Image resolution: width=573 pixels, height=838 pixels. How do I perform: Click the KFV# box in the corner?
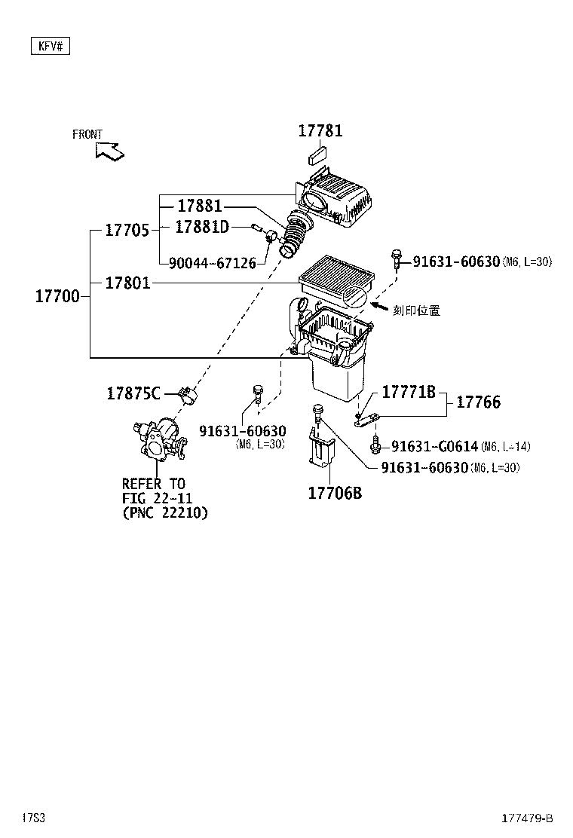pos(51,47)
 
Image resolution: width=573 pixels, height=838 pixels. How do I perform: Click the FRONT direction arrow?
pos(109,151)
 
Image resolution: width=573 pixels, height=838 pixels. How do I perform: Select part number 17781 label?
pos(320,130)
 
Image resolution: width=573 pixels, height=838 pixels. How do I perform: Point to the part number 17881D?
pos(202,226)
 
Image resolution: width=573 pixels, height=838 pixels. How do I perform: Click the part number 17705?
pos(126,230)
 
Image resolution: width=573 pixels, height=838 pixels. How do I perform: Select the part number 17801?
pos(127,283)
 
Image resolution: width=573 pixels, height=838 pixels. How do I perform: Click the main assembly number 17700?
pos(57,296)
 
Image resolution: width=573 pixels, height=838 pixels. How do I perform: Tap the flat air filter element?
pos(337,281)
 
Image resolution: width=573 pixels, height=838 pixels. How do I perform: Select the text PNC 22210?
pos(164,512)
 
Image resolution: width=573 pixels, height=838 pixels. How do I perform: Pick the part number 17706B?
pos(335,494)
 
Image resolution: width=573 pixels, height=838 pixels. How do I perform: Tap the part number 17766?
pos(478,402)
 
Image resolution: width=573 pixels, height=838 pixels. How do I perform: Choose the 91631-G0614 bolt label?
pos(434,447)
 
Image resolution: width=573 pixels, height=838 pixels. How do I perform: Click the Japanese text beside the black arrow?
pos(416,310)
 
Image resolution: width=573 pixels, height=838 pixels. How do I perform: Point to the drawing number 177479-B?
pos(528,818)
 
